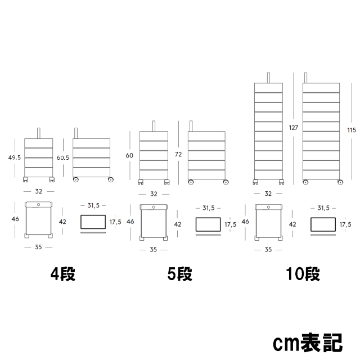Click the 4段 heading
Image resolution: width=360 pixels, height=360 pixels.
[63, 274]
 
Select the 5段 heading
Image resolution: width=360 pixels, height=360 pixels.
[180, 274]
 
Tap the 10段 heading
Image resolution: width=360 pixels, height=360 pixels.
[303, 274]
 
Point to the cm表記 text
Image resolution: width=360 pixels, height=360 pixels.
[308, 343]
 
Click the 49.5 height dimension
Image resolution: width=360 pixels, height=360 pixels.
[15, 157]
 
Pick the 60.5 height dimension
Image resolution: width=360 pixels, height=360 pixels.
[63, 157]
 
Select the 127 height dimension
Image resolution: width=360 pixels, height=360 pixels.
[294, 128]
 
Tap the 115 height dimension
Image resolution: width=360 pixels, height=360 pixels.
[352, 130]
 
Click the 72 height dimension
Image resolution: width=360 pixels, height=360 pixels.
[178, 154]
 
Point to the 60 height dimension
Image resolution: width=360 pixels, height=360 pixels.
[129, 155]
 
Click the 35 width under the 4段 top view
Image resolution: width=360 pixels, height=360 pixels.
[38, 247]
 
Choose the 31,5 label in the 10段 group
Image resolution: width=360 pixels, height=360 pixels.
[323, 208]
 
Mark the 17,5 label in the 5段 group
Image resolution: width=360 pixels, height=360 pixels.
[230, 224]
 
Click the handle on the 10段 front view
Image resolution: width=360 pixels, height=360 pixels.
[268, 78]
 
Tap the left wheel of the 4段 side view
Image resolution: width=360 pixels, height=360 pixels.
[76, 180]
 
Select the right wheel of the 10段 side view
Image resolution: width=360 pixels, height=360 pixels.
[340, 182]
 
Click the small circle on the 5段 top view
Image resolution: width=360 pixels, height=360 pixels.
[154, 207]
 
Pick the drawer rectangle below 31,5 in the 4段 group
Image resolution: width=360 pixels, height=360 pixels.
[93, 222]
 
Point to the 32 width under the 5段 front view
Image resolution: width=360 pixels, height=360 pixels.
[154, 194]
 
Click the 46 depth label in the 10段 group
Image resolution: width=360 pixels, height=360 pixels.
[245, 222]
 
